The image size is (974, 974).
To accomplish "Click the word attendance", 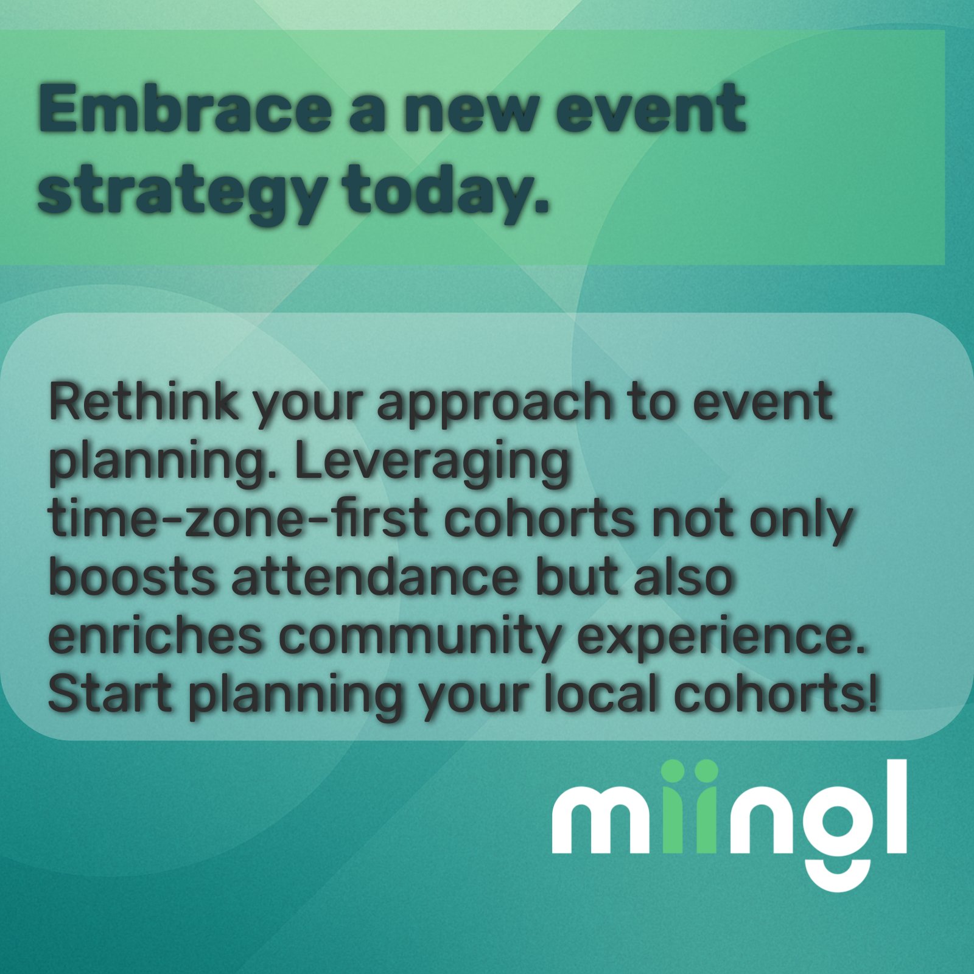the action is (x=375, y=578).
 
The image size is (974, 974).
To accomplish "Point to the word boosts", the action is (x=131, y=578).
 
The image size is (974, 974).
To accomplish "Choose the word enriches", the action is (x=155, y=636).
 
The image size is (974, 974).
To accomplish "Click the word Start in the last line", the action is (x=110, y=694).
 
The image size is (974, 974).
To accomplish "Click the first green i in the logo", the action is (x=672, y=807).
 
